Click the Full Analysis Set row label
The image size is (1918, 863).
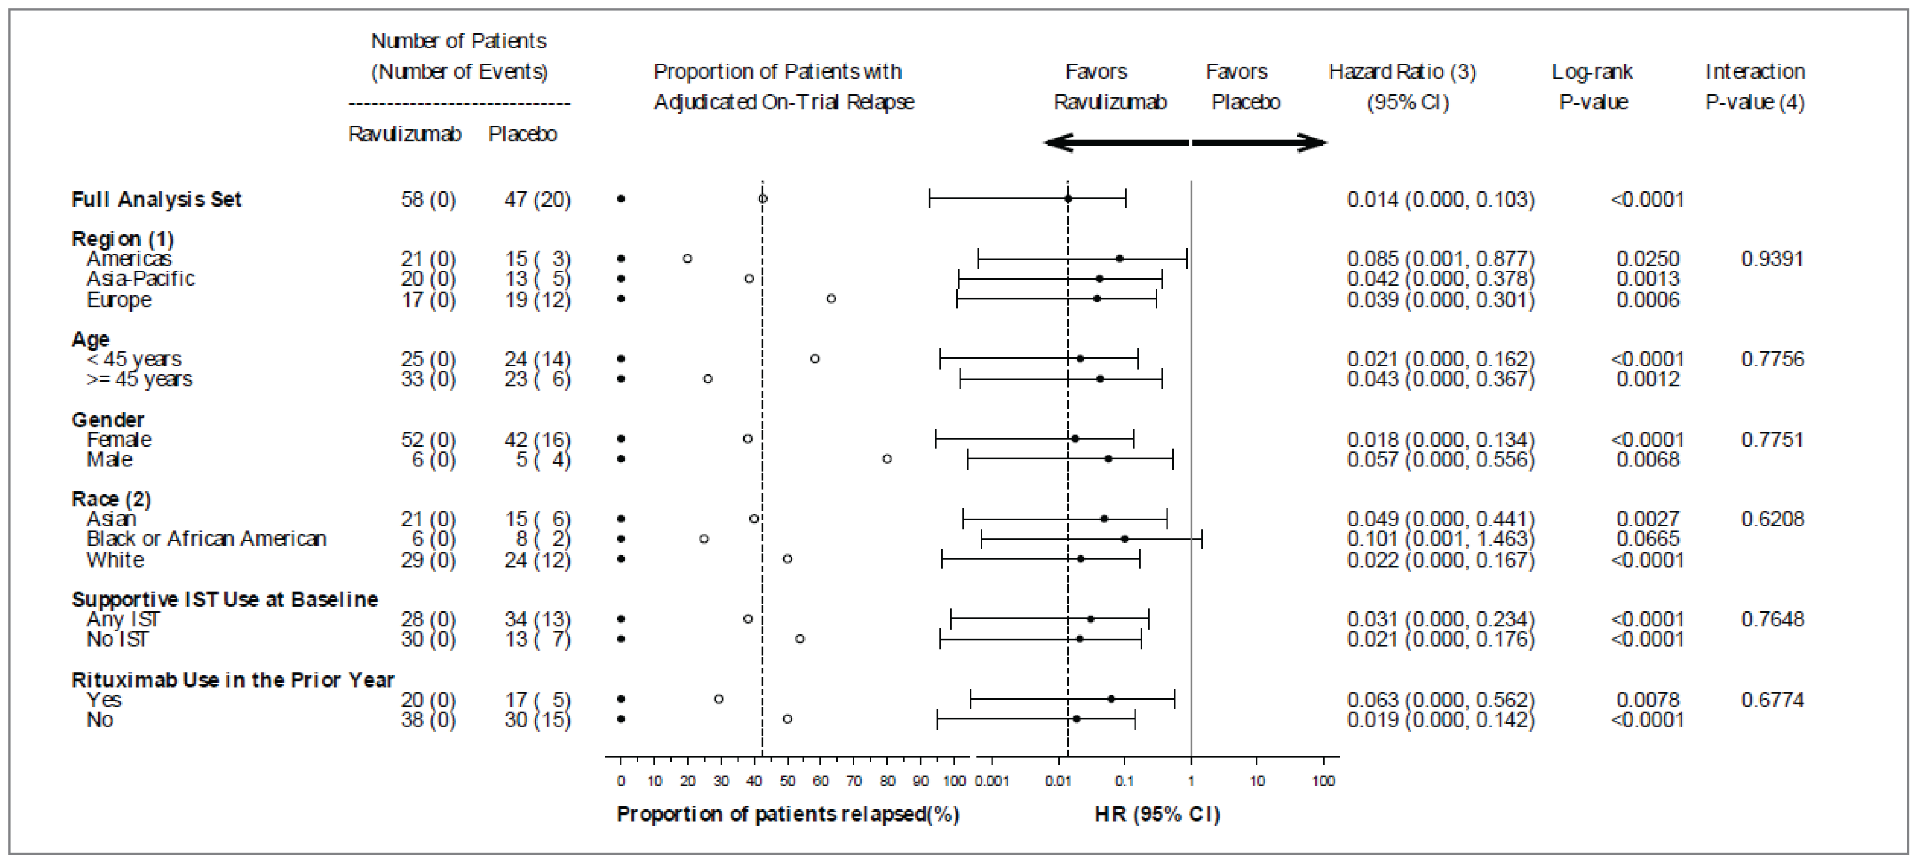pyautogui.click(x=156, y=200)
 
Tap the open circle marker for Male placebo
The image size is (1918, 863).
pyautogui.click(x=887, y=459)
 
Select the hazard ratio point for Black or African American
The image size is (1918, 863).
pyautogui.click(x=1124, y=538)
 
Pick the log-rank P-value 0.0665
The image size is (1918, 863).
pyautogui.click(x=1647, y=538)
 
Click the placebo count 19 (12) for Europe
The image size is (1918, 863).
pyautogui.click(x=537, y=299)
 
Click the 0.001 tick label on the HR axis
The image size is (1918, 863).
pyautogui.click(x=992, y=781)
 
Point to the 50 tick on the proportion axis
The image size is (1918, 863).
pyautogui.click(x=787, y=781)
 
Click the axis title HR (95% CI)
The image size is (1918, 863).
pyautogui.click(x=1157, y=814)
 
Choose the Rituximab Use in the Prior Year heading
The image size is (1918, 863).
pyautogui.click(x=232, y=680)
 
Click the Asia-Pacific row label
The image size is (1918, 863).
pyautogui.click(x=140, y=279)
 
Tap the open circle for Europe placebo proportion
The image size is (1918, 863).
pyautogui.click(x=831, y=298)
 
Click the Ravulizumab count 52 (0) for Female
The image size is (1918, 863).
pyautogui.click(x=428, y=439)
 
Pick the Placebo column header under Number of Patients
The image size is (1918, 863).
pyautogui.click(x=522, y=134)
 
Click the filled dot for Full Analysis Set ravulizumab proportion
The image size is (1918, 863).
pyautogui.click(x=621, y=199)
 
